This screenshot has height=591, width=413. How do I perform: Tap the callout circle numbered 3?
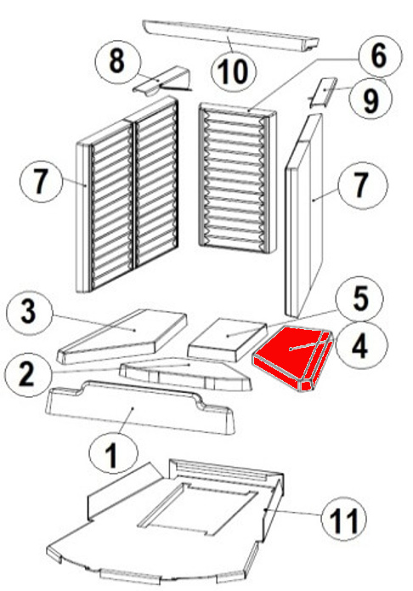click(x=29, y=312)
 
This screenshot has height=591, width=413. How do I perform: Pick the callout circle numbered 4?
click(x=361, y=345)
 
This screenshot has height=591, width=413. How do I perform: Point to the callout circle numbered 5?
click(x=360, y=298)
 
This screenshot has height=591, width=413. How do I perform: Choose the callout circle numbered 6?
click(x=378, y=56)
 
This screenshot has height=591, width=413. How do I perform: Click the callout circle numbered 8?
click(x=117, y=61)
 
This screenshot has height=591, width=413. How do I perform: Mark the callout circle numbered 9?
click(x=370, y=99)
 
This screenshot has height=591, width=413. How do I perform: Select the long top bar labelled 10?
click(x=231, y=35)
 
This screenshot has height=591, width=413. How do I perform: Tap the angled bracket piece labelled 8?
click(x=162, y=80)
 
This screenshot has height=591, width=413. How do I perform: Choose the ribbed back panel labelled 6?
click(x=237, y=179)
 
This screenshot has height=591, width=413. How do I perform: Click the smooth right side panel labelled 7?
click(x=305, y=215)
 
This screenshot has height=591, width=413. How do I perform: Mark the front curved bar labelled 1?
click(x=139, y=408)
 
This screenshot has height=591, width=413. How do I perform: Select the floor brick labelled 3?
click(x=122, y=335)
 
